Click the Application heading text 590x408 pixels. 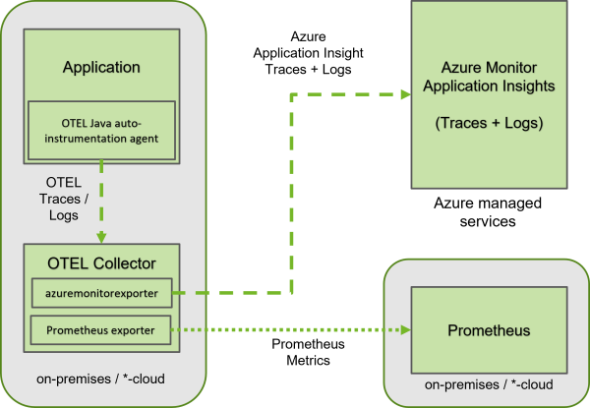(x=101, y=68)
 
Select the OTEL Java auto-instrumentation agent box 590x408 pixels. (x=101, y=130)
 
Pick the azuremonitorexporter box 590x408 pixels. (x=101, y=293)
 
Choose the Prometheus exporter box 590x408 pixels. (x=101, y=329)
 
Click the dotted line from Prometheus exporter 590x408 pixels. (x=285, y=330)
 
